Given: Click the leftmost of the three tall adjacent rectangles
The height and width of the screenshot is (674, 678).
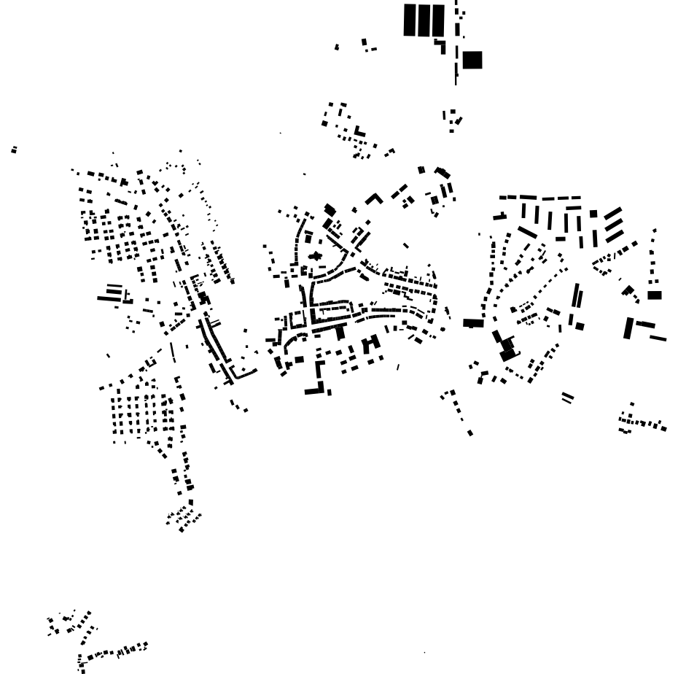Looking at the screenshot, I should click(409, 20).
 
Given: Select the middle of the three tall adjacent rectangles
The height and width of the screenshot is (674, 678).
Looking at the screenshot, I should click(423, 20).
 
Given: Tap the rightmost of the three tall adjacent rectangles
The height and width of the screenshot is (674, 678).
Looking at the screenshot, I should click(437, 20).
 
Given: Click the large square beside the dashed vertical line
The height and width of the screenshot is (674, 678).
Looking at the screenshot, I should click(472, 60).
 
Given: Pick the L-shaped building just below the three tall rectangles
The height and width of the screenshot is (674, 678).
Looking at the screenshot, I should click(441, 46).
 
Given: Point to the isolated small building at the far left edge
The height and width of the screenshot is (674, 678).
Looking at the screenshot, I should click(14, 150).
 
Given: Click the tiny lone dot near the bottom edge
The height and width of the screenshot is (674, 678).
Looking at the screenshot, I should click(424, 653).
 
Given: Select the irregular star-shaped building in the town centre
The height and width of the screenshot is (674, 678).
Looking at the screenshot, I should click(316, 256).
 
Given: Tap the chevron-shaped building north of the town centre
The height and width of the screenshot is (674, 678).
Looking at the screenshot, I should click(374, 198).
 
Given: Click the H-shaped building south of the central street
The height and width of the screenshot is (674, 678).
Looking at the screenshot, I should click(371, 344).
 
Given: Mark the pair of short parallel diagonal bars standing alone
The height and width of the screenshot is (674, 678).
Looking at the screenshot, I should click(567, 398).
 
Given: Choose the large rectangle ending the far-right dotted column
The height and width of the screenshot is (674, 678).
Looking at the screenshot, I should click(654, 295).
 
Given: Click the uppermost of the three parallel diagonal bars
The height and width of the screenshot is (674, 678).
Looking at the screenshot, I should click(613, 213).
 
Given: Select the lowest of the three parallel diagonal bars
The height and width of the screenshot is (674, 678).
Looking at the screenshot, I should click(615, 236).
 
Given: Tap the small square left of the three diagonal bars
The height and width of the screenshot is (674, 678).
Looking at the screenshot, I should click(593, 214).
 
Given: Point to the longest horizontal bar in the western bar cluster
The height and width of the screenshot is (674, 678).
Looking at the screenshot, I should click(109, 298).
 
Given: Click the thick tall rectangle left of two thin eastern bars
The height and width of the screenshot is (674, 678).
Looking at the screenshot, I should click(628, 328).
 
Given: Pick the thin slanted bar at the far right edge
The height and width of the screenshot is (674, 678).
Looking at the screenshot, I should click(658, 338).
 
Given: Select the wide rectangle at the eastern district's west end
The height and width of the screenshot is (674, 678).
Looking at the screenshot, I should click(472, 322).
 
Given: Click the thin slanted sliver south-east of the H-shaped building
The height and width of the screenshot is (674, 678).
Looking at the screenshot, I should click(398, 367).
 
